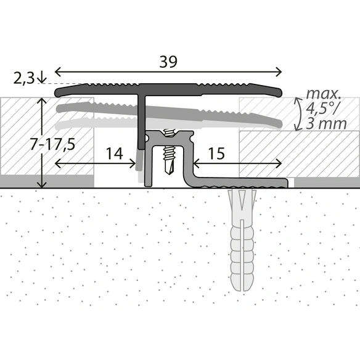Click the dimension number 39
pos(168,62)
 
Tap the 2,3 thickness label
pos(24,78)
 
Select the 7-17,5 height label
pos(52,144)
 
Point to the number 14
pos(114,153)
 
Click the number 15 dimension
pos(216,153)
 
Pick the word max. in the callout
pos(323,94)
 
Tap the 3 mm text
pos(326,124)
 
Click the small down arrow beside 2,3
pos(42,78)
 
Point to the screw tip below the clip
pos(169,171)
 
